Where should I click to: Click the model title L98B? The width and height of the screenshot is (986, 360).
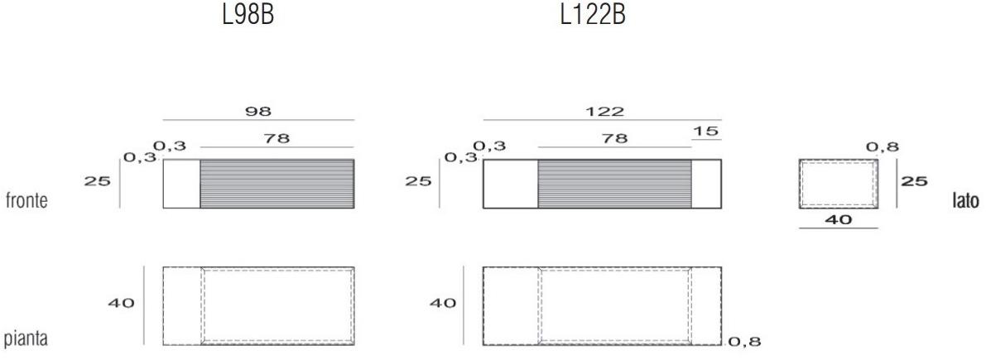point(248,16)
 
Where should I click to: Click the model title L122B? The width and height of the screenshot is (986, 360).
point(593,16)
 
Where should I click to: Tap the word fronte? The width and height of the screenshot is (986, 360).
point(26,201)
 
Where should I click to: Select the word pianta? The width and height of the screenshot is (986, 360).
point(26,339)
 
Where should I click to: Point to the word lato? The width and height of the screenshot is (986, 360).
point(965,201)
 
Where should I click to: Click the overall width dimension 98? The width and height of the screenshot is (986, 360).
point(259,111)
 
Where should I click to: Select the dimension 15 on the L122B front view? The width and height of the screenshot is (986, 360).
point(706,132)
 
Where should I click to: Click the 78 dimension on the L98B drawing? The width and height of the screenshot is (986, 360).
point(277,138)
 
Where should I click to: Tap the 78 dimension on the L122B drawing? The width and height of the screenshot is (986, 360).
point(614,138)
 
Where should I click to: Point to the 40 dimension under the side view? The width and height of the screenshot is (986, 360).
point(839,220)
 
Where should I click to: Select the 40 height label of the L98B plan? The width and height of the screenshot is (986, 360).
point(121,303)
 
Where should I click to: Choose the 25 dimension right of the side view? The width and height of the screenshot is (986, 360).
point(914,180)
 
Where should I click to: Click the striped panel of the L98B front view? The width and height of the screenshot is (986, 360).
point(277,184)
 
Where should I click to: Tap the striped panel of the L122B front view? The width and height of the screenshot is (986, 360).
point(614,184)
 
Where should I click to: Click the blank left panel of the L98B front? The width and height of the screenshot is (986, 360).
point(181,184)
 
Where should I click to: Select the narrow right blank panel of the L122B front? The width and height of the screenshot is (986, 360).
point(706,184)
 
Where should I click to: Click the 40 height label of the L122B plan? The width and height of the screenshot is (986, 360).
point(442,303)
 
